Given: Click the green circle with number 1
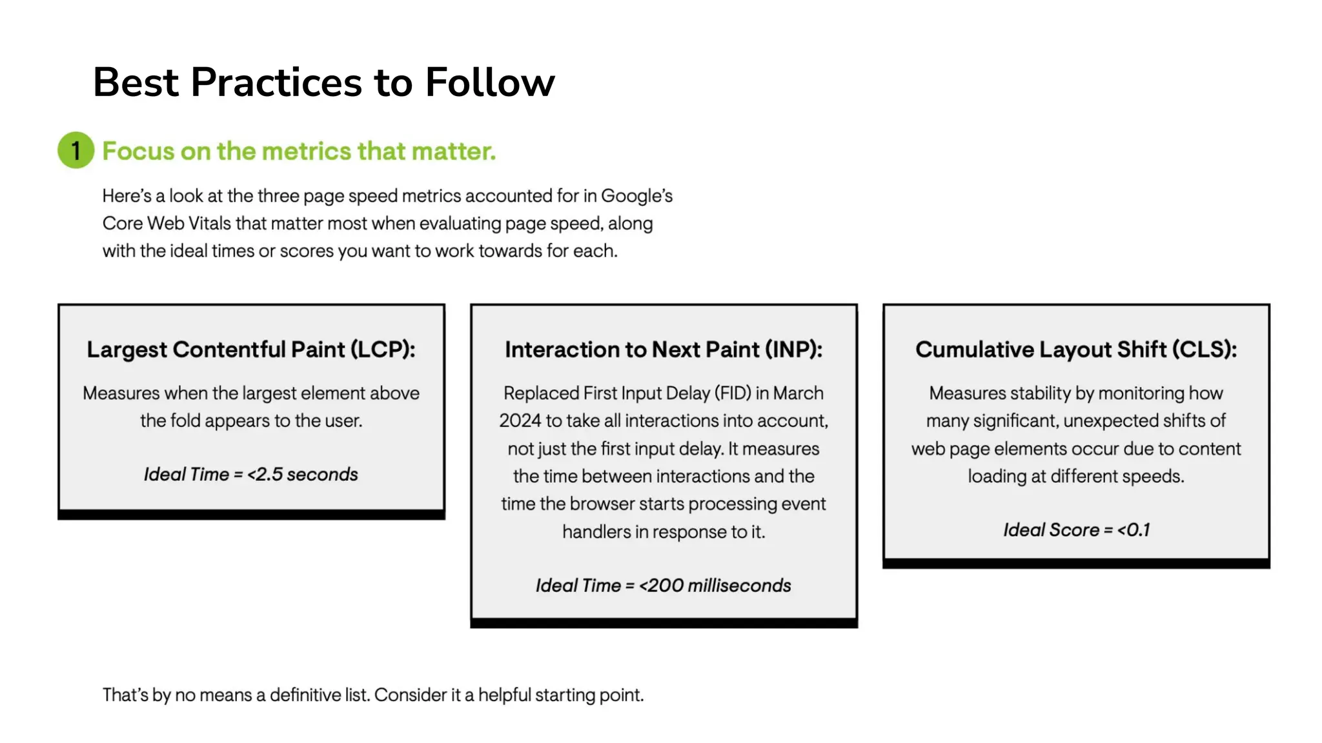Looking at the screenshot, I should pos(76,150).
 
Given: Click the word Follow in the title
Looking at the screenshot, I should pos(489,83).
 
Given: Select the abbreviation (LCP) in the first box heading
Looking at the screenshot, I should pos(383,350).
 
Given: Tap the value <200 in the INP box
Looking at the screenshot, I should pos(660,586).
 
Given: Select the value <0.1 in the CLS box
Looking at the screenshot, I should pos(1134,530).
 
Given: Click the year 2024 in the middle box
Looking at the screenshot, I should pos(520,421).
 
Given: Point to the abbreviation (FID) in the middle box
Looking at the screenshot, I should pos(733,393).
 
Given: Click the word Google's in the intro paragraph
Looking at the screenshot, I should pos(636,196).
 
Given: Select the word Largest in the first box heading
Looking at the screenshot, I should pos(127,350).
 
